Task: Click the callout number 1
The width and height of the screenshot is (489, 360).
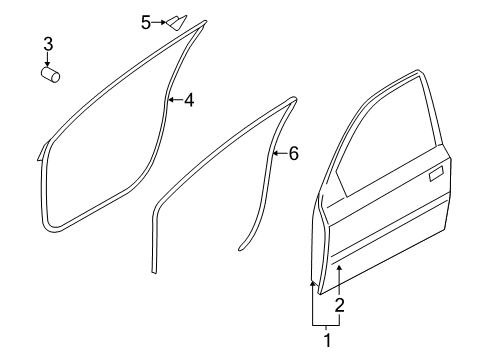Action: pos(328,340)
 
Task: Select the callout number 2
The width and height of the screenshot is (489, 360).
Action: pos(339,305)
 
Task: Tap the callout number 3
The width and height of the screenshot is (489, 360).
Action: pos(48,44)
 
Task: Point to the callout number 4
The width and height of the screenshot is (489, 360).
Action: pos(189,100)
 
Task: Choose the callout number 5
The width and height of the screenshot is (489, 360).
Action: pos(146,23)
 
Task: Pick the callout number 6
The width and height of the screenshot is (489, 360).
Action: pos(293,154)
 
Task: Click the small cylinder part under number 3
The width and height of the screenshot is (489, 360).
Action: pos(50,75)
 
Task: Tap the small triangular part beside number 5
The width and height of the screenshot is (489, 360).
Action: pos(176,22)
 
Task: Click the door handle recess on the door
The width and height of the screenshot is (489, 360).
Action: pos(436,174)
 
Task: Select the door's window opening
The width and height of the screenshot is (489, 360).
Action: pos(387,133)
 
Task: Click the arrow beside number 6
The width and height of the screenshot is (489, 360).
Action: pos(280,153)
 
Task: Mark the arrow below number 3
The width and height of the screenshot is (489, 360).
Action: pos(48,59)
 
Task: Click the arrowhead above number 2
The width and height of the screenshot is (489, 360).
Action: pos(339,268)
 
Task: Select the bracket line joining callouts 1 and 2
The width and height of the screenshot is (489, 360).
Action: pos(326,325)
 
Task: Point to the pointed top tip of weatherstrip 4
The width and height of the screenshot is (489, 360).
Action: pos(205,22)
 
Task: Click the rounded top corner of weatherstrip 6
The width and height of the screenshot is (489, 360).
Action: pos(294,99)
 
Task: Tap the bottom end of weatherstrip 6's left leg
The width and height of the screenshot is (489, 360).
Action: pos(154,272)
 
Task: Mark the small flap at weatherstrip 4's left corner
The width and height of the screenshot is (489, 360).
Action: pos(41,152)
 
